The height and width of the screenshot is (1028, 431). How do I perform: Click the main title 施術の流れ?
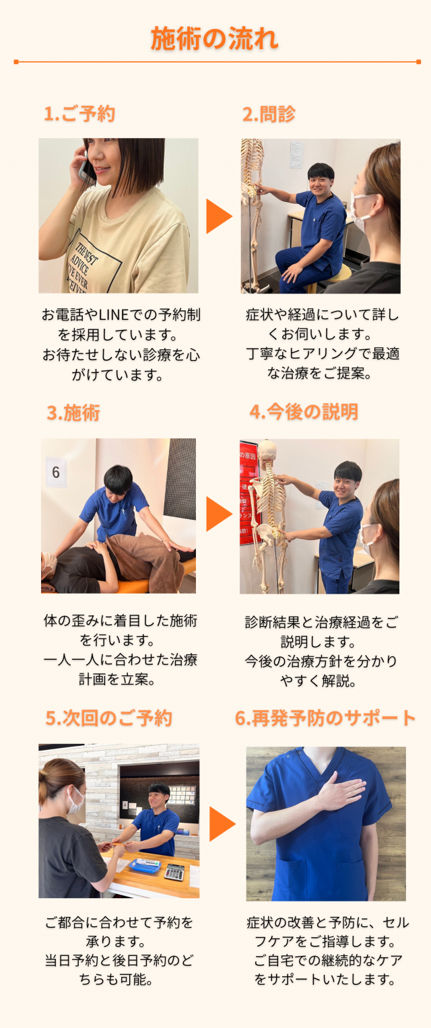[x=214, y=38]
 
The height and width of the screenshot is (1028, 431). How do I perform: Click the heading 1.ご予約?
[x=79, y=114]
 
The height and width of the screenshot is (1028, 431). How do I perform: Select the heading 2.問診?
[x=269, y=114]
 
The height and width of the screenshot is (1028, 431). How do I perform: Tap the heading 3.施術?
[x=73, y=413]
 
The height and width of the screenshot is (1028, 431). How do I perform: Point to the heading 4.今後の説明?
[x=304, y=411]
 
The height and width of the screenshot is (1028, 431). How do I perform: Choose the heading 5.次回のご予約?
[x=109, y=718]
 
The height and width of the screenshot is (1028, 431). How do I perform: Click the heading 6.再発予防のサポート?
[x=325, y=718]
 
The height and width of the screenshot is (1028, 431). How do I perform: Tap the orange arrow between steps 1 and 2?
[x=219, y=216]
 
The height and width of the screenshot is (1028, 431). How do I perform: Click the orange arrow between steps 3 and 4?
[x=219, y=514]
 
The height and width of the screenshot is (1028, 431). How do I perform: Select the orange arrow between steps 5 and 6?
[x=222, y=824]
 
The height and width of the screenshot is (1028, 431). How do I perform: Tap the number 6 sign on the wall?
[x=56, y=472]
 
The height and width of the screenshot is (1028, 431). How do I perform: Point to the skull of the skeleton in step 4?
[x=267, y=450]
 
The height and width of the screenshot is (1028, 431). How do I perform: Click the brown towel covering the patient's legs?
[x=146, y=561]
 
